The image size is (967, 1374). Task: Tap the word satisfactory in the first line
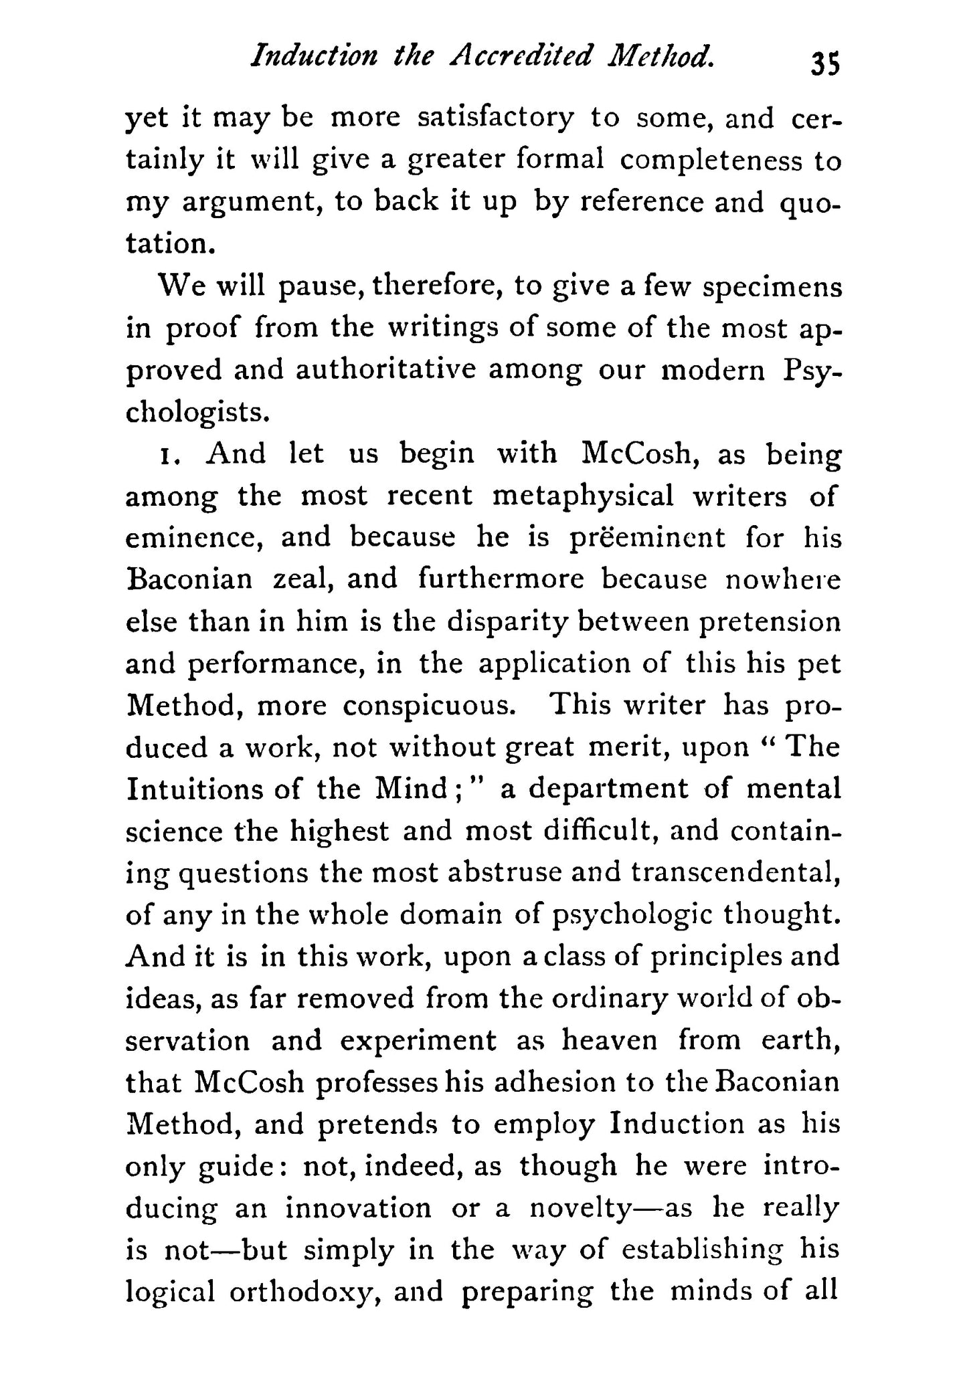[x=495, y=118]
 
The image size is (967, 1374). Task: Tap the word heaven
[x=609, y=1041]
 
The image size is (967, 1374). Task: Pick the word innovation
[x=358, y=1209]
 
